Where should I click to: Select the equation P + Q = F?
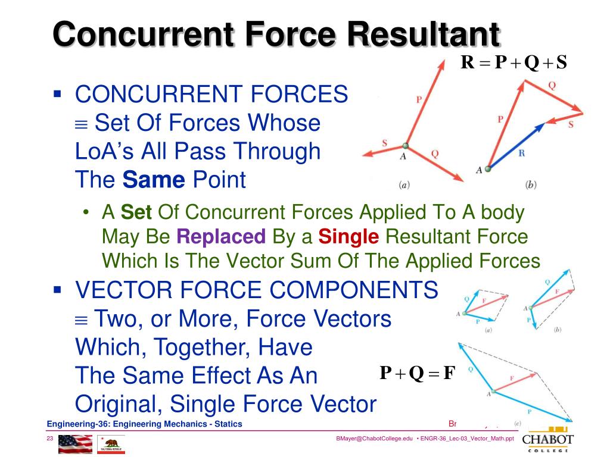coord(417,374)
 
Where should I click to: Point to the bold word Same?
coord(154,179)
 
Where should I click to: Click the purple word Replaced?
coord(220,237)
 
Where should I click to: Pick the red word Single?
coord(348,237)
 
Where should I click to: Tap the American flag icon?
coord(75,444)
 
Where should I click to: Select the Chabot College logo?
coord(548,441)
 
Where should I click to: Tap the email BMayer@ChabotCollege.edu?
coord(374,439)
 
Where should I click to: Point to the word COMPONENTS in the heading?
coord(354,290)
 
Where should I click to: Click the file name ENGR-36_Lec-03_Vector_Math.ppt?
coord(467,439)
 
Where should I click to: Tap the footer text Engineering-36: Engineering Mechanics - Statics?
coord(145,424)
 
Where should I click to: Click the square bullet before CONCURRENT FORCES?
coord(58,94)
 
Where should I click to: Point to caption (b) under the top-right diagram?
coord(531,185)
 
